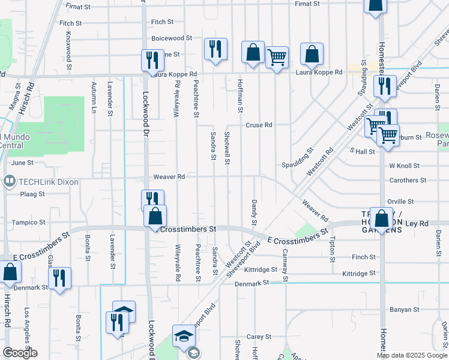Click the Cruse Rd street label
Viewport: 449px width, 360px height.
click(x=259, y=125)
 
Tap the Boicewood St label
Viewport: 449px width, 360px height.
click(x=172, y=37)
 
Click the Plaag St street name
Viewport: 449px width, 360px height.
click(x=32, y=194)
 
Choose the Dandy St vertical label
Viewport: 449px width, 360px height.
click(x=255, y=213)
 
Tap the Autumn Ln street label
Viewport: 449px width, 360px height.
click(x=94, y=98)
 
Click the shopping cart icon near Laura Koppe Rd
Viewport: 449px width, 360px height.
click(x=277, y=58)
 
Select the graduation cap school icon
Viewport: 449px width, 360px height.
click(x=184, y=336)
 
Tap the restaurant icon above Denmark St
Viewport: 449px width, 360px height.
click(x=59, y=278)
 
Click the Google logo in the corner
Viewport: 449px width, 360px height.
click(x=20, y=353)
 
